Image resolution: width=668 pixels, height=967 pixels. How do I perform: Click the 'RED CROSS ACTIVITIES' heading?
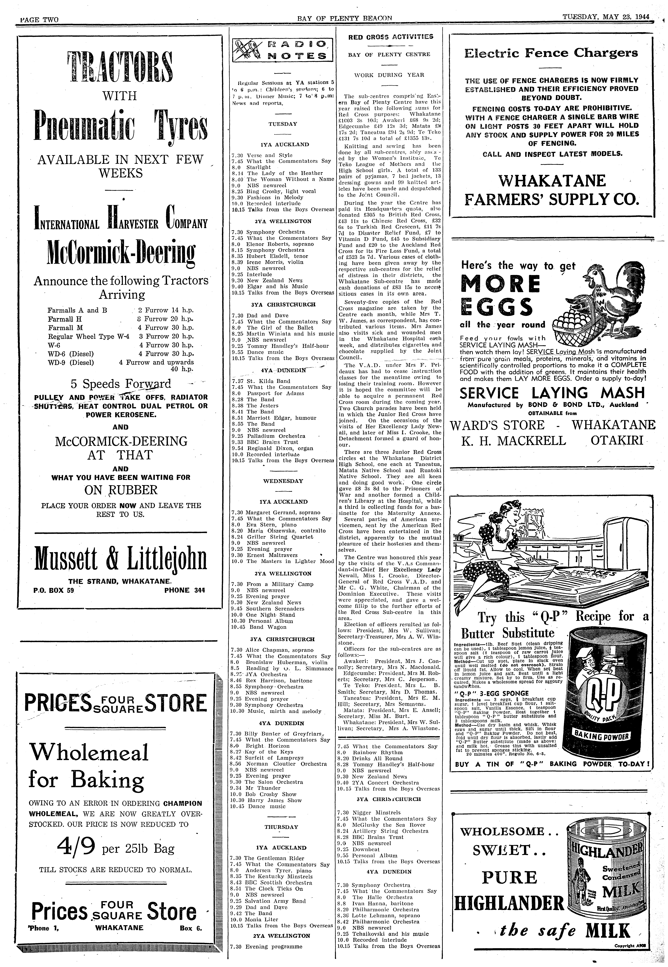(x=391, y=37)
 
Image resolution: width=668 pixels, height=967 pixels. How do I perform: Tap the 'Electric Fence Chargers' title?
(x=551, y=53)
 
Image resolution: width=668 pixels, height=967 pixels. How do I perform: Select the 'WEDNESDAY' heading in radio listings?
(x=283, y=481)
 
